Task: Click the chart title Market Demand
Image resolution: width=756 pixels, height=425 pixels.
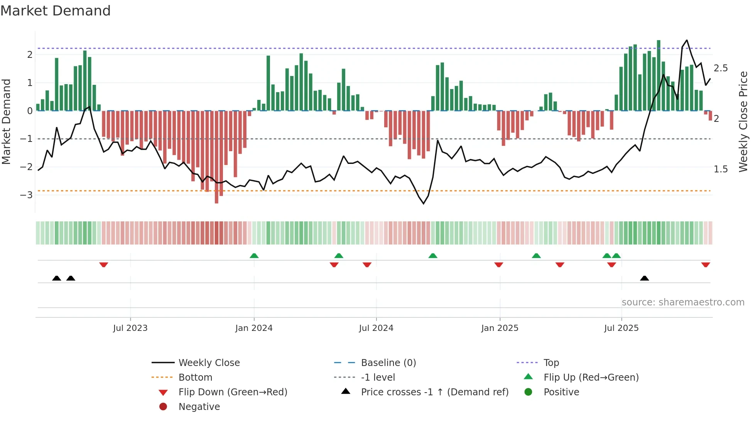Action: pos(56,11)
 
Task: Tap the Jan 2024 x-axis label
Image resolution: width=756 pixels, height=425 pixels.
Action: pos(254,328)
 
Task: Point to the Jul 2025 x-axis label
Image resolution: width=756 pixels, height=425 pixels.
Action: pos(621,328)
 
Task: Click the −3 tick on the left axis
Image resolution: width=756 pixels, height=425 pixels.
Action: pos(26,195)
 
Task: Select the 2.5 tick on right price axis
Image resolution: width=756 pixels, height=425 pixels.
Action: pos(721,68)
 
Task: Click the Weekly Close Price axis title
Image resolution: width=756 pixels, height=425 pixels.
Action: pos(743,121)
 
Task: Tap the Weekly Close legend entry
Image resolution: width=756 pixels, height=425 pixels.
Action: pos(209,363)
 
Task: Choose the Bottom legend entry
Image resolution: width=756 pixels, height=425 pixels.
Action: pos(195,378)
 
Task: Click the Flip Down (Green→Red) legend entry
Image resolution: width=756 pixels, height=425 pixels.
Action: pos(233,392)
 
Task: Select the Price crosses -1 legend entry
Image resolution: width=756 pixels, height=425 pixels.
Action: pos(434,392)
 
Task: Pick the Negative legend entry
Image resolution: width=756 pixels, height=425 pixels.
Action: pos(199,407)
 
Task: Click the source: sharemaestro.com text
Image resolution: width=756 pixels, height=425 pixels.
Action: pos(683,302)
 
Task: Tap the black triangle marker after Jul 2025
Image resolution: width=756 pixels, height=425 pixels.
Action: pos(644,278)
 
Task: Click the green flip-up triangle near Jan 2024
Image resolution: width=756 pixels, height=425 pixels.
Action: pos(254,256)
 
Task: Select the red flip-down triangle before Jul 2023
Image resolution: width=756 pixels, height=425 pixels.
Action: pos(103,265)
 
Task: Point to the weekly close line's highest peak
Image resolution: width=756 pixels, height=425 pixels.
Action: pos(687,40)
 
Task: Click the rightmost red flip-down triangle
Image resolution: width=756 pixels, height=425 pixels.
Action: pos(705,265)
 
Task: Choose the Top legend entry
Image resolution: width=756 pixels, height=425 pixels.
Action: pos(551,363)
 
